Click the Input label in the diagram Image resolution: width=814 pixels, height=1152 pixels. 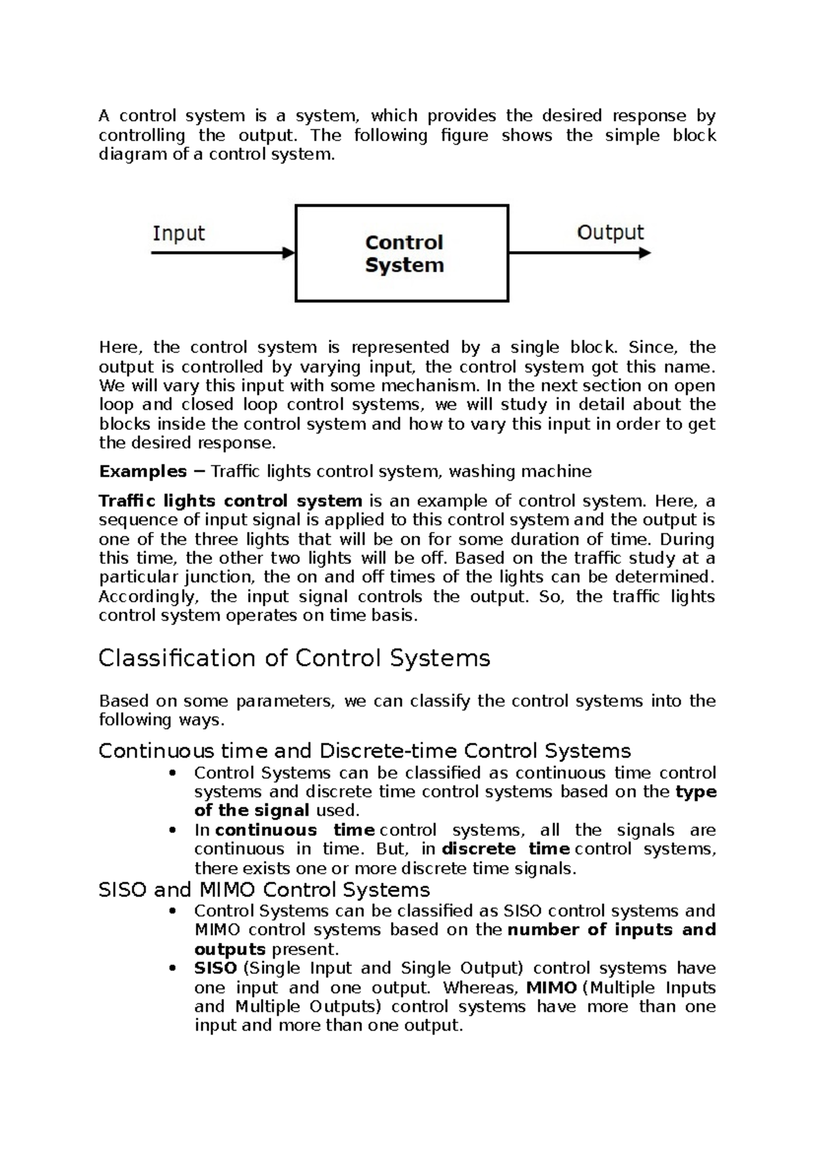click(178, 234)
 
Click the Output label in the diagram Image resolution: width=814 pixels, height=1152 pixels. click(610, 233)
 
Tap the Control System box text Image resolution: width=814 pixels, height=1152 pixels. click(404, 254)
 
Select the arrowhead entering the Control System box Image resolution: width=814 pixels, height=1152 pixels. click(289, 253)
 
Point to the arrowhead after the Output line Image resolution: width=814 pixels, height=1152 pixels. click(645, 253)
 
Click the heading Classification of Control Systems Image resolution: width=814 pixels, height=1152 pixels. click(294, 659)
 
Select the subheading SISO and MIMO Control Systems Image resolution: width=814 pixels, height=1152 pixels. click(264, 889)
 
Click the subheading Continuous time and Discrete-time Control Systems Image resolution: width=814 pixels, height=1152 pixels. click(364, 751)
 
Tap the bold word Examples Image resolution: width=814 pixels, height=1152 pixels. click(142, 472)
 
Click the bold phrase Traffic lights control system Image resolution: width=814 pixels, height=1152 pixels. click(231, 501)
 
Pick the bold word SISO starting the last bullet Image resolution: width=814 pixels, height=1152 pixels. click(215, 968)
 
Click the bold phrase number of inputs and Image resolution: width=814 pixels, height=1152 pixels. click(611, 929)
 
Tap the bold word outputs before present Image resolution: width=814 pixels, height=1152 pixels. click(229, 948)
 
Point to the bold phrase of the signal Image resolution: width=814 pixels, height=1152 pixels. click(252, 811)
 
